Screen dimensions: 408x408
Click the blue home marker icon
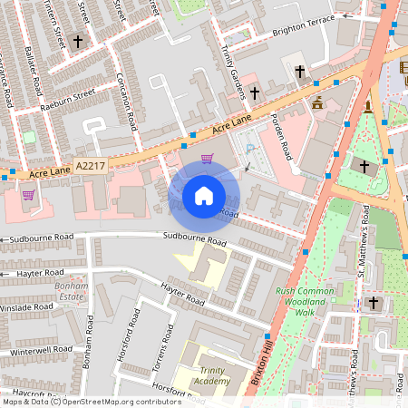pyautogui.click(x=204, y=196)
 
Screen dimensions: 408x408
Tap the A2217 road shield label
pyautogui.click(x=90, y=167)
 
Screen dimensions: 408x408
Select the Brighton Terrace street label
pyautogui.click(x=309, y=29)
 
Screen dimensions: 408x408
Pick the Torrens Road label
pyautogui.click(x=165, y=348)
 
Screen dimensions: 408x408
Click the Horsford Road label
pyautogui.click(x=134, y=337)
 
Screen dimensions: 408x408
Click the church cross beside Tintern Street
pyautogui.click(x=77, y=41)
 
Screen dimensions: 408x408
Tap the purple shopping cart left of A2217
pyautogui.click(x=28, y=194)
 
